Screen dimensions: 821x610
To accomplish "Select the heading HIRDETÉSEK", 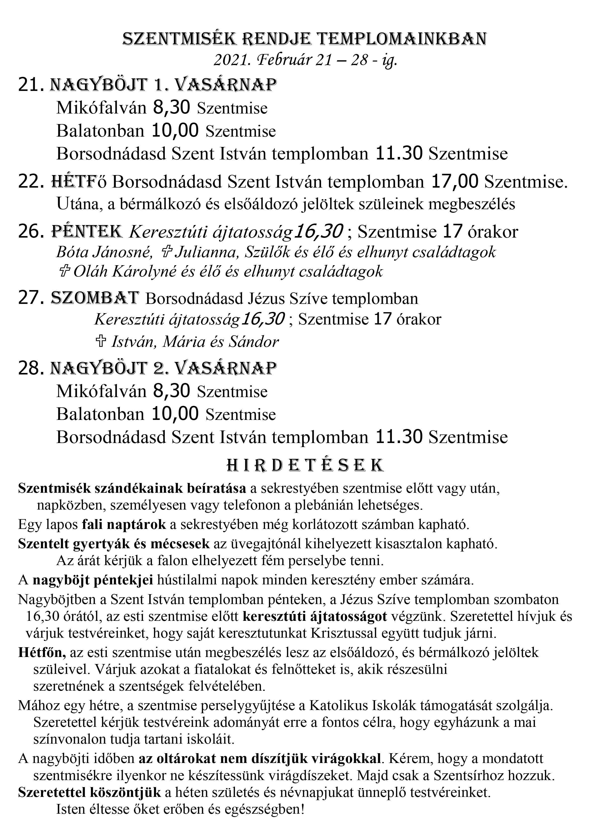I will [x=305, y=466].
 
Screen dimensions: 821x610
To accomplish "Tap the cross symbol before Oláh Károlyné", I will [x=65, y=272].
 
